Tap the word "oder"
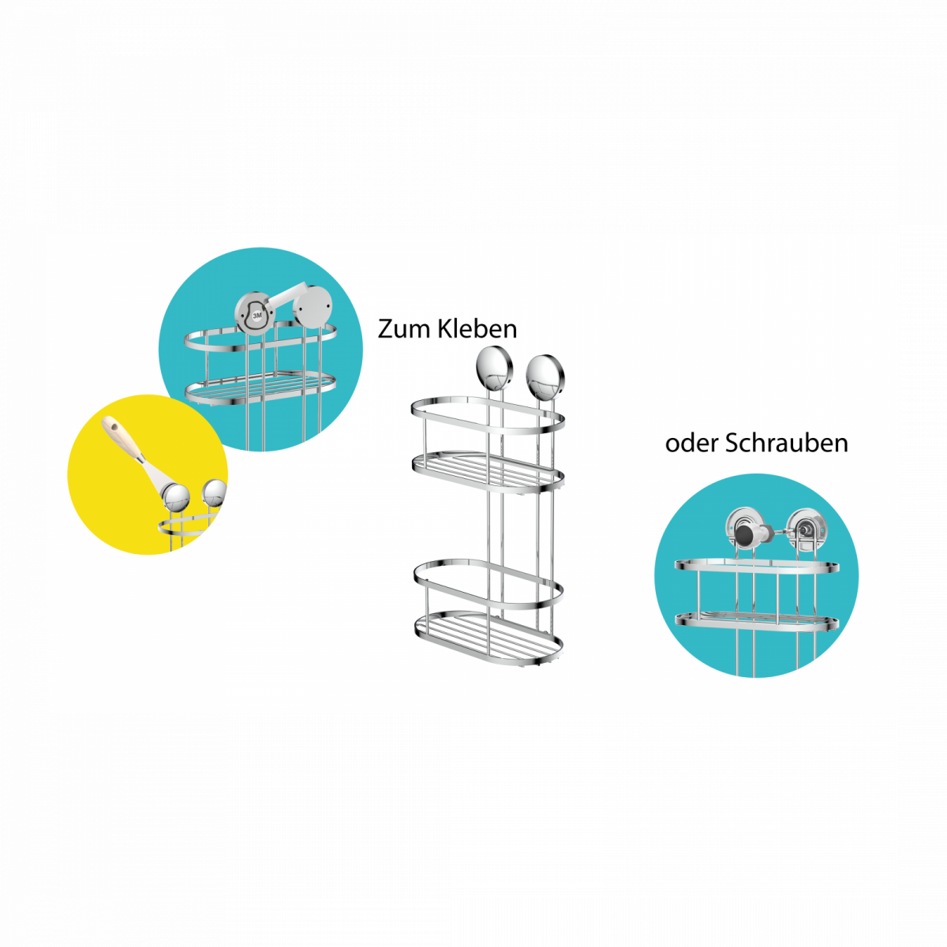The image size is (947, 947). click(x=692, y=444)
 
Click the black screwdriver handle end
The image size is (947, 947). click(x=745, y=533)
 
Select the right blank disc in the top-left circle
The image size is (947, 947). click(x=313, y=305)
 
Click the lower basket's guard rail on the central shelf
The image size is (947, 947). click(x=487, y=581)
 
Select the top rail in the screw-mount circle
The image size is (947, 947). click(x=756, y=565)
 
